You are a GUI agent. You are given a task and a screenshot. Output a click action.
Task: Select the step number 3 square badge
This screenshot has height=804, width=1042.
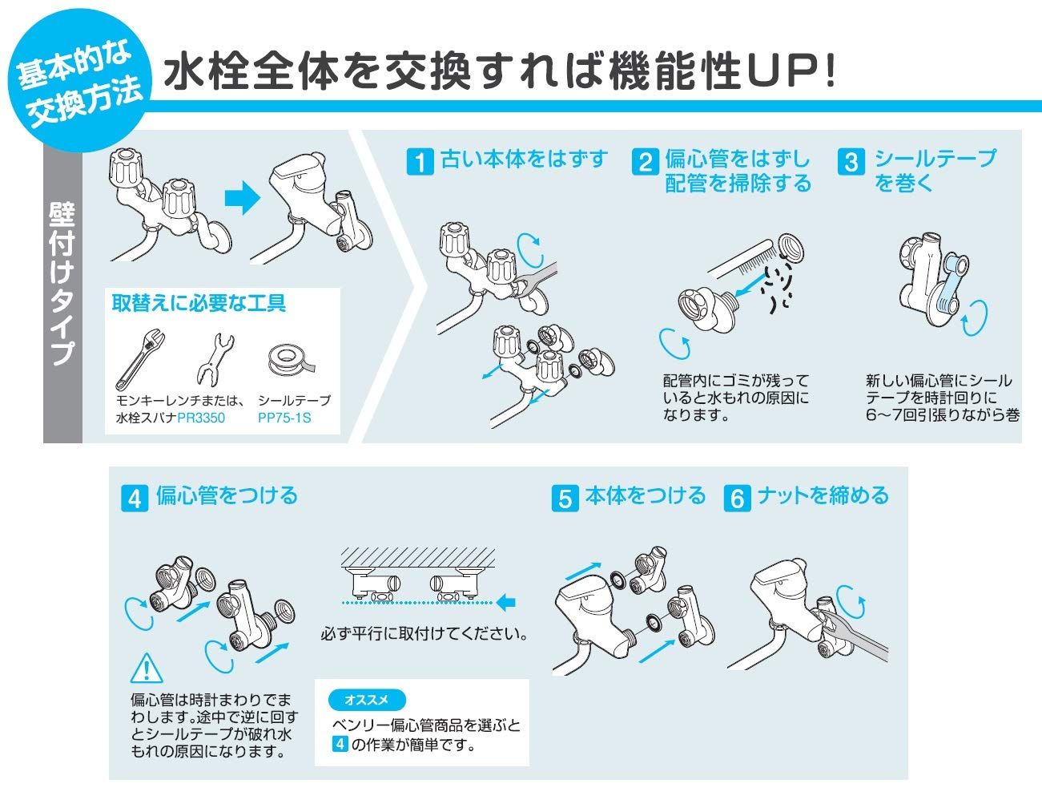(850, 162)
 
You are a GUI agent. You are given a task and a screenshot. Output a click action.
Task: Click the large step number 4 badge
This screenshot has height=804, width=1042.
(135, 498)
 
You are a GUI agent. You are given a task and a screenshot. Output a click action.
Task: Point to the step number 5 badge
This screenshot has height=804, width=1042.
(565, 498)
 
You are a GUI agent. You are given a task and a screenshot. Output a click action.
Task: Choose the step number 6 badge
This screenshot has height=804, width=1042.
(736, 498)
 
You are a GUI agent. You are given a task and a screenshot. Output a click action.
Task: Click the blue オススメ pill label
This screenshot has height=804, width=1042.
(367, 700)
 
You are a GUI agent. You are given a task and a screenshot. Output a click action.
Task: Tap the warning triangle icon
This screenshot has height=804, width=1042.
(145, 668)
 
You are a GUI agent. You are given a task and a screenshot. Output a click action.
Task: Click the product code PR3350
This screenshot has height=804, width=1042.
(201, 418)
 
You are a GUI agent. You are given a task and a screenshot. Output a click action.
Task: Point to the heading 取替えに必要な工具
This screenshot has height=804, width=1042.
(199, 303)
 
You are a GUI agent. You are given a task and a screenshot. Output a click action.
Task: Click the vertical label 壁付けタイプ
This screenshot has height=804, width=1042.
(62, 285)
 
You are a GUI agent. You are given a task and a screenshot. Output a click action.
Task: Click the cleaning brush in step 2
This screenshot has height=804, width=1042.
(745, 255)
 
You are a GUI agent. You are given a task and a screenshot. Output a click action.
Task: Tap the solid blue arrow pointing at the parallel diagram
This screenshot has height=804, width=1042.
(505, 601)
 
